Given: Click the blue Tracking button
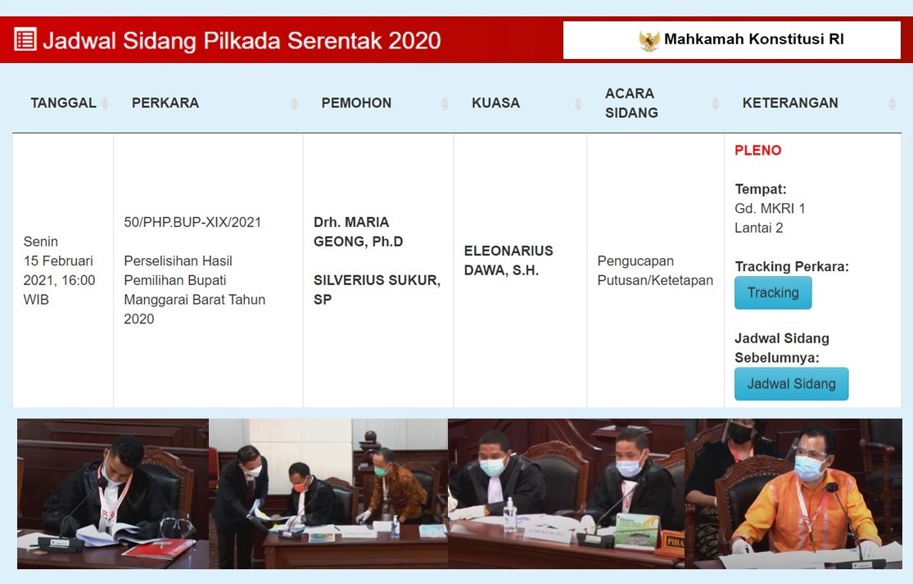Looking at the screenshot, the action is [x=773, y=292].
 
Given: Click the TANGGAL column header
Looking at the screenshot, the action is [x=64, y=103].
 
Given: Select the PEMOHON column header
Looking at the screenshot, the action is [x=356, y=103].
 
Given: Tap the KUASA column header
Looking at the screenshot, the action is [x=495, y=103].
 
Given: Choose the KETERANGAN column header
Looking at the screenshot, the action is [x=790, y=103].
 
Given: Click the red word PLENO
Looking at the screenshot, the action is [x=757, y=150].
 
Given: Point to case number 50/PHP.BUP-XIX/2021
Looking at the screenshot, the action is [x=192, y=222].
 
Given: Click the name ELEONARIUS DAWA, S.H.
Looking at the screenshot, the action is [x=508, y=260].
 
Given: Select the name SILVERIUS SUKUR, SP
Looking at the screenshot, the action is [x=377, y=289].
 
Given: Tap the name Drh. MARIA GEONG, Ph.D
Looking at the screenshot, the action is [x=358, y=232].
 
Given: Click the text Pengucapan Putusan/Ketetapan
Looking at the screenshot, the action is [x=655, y=270].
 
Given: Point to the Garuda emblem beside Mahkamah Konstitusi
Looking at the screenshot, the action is [x=649, y=40].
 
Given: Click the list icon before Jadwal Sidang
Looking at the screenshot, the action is [x=25, y=39].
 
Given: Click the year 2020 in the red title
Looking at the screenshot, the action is [x=414, y=40].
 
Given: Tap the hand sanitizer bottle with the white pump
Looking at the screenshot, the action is [x=509, y=514].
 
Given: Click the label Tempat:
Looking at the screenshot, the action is [x=761, y=189].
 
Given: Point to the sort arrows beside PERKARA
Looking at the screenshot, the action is [x=294, y=104].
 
